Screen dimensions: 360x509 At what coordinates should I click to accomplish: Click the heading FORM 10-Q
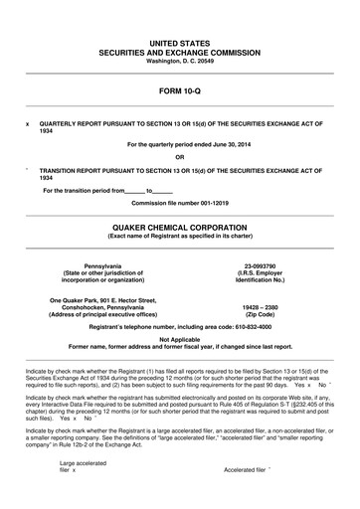click(179, 90)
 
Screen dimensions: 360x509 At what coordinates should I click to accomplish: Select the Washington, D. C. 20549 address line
click(179, 62)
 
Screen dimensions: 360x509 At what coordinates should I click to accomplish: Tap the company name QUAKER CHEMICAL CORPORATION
click(179, 226)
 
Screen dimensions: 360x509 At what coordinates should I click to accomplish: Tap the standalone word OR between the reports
click(179, 157)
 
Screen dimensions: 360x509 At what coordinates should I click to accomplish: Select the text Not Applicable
click(179, 339)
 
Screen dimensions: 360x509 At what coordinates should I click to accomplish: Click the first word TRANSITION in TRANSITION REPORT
click(60, 169)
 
